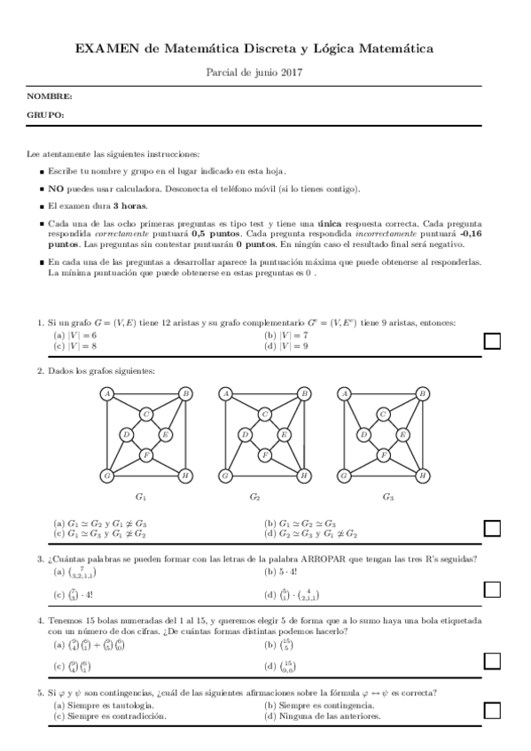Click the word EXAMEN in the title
(x=104, y=50)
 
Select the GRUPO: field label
(x=45, y=115)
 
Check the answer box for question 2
(x=492, y=528)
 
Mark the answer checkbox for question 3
(x=492, y=589)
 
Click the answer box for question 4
(x=492, y=661)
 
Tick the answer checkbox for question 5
(x=492, y=709)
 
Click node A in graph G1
(x=107, y=393)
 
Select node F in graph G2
(x=264, y=455)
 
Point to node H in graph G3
(x=423, y=476)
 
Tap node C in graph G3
(x=383, y=414)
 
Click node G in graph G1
(x=107, y=476)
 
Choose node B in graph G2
(x=304, y=393)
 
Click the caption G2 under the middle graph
(x=254, y=497)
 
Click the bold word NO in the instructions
(x=55, y=189)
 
